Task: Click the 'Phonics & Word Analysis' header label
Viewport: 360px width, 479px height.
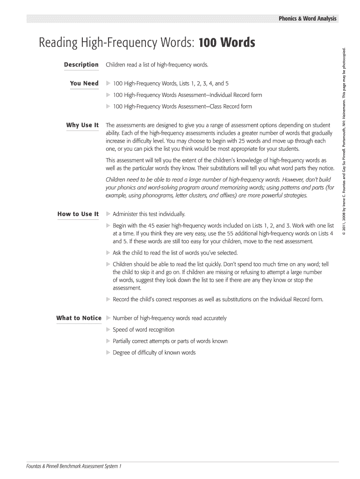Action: pyautogui.click(x=307, y=19)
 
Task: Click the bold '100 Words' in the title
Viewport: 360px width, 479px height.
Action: pyautogui.click(x=227, y=43)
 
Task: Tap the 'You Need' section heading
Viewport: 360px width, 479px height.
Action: pyautogui.click(x=84, y=83)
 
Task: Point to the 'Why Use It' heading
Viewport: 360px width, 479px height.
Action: pyautogui.click(x=82, y=125)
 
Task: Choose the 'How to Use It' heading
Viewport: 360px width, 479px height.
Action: pyautogui.click(x=78, y=214)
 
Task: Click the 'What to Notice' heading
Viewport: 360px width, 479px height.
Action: pyautogui.click(x=79, y=318)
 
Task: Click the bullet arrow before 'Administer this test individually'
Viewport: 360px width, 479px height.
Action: pyautogui.click(x=108, y=214)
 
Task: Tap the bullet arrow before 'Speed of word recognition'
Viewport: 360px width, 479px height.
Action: pyautogui.click(x=108, y=330)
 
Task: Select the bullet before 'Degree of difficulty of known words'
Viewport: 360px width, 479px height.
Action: pyautogui.click(x=108, y=353)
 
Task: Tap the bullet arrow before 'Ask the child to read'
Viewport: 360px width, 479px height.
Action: pyautogui.click(x=108, y=253)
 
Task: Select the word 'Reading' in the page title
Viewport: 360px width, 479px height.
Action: pyautogui.click(x=56, y=43)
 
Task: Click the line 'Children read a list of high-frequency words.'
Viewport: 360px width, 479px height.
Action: pyautogui.click(x=157, y=65)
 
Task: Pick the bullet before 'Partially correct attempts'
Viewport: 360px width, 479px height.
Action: pyautogui.click(x=108, y=341)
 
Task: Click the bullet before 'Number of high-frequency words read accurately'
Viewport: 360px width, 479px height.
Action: pyautogui.click(x=108, y=318)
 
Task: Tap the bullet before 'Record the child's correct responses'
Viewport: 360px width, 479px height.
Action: pyautogui.click(x=108, y=299)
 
